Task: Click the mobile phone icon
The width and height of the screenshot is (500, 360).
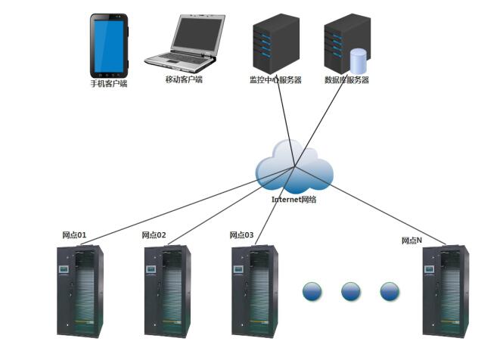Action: pos(109,44)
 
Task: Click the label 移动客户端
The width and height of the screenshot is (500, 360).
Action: pos(184,79)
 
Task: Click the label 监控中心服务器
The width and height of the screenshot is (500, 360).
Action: pos(275,79)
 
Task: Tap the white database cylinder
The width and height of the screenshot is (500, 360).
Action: pos(359,61)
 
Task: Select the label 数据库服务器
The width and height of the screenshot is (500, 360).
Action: pos(346,79)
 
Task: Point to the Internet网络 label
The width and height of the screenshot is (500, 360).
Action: pos(294,200)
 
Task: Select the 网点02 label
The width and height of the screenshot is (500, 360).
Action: pos(154,235)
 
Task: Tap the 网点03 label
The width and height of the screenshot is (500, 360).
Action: pos(242,235)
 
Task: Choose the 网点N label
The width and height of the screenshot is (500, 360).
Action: pos(412,241)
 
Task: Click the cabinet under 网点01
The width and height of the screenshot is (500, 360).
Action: pos(80,291)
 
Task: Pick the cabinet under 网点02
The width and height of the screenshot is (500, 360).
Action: pos(167,291)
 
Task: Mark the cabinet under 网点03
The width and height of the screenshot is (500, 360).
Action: pos(254,291)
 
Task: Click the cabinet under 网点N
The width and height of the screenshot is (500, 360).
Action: pos(445,291)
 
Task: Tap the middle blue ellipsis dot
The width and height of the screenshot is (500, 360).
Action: pos(351,291)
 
